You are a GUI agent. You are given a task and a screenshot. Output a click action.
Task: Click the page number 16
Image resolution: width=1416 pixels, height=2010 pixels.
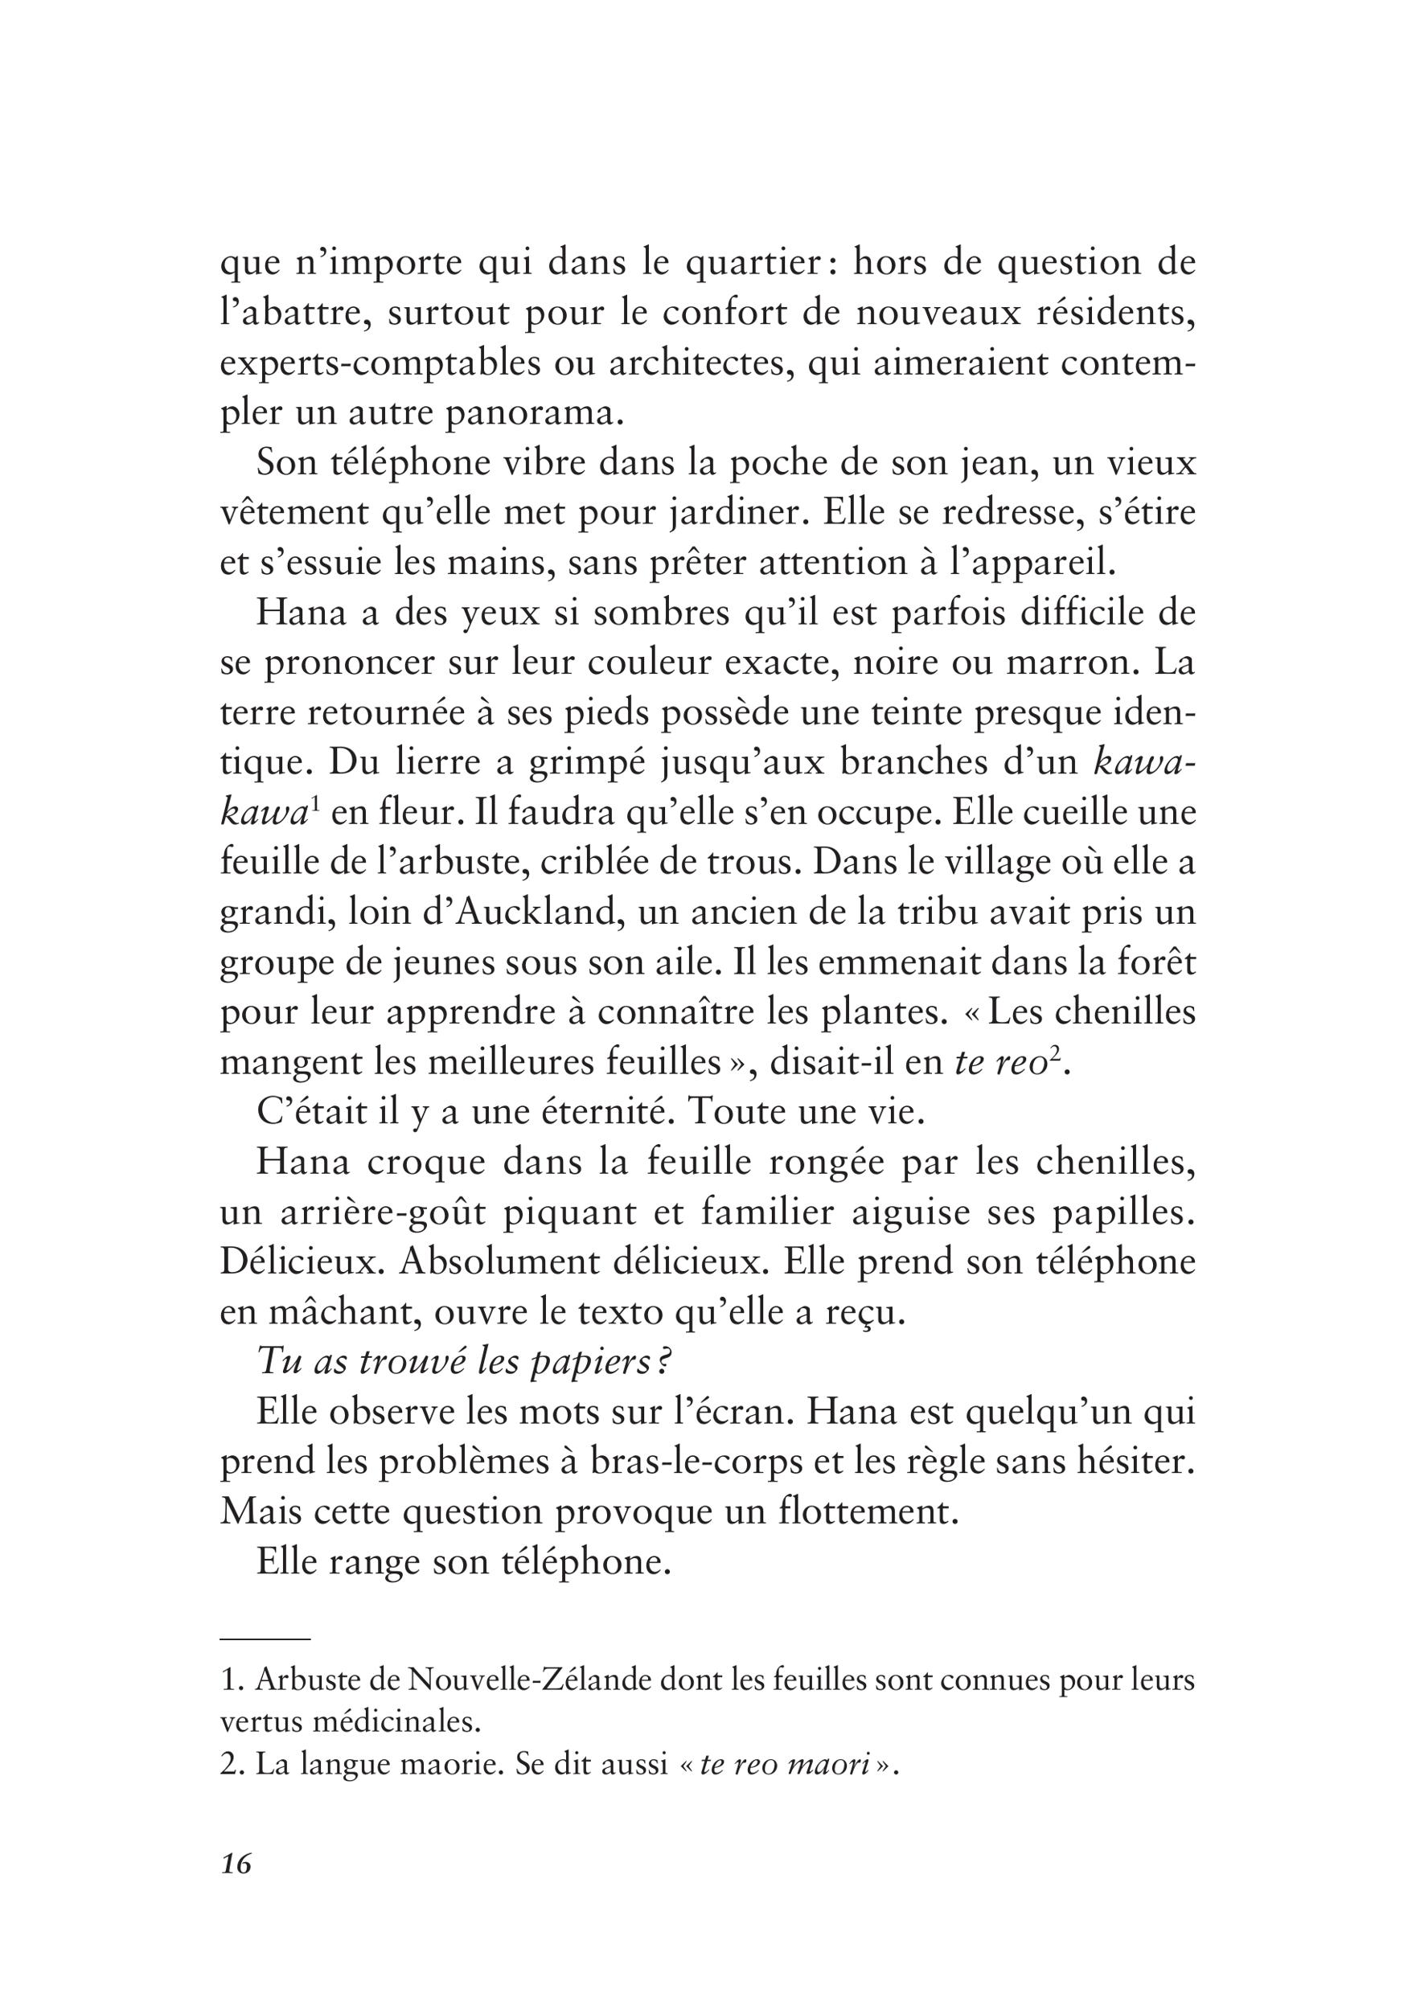[x=236, y=1888]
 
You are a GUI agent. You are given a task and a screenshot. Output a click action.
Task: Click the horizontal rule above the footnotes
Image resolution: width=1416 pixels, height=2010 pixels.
[x=265, y=1638]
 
